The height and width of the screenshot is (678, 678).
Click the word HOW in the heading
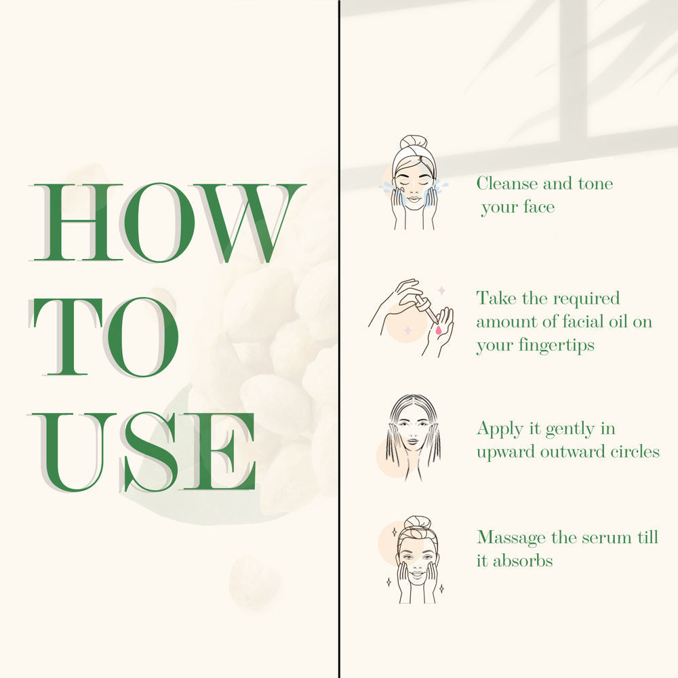[167, 222]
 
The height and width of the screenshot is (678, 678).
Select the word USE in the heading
[143, 452]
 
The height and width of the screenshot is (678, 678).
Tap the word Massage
[511, 538]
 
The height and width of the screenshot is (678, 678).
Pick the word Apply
[500, 429]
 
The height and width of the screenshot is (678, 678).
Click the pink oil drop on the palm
[439, 330]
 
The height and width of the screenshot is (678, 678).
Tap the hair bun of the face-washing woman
[414, 142]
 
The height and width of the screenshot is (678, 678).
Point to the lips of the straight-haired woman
[412, 442]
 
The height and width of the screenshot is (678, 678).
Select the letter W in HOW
[250, 222]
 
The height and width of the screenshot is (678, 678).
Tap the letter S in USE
[150, 452]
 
